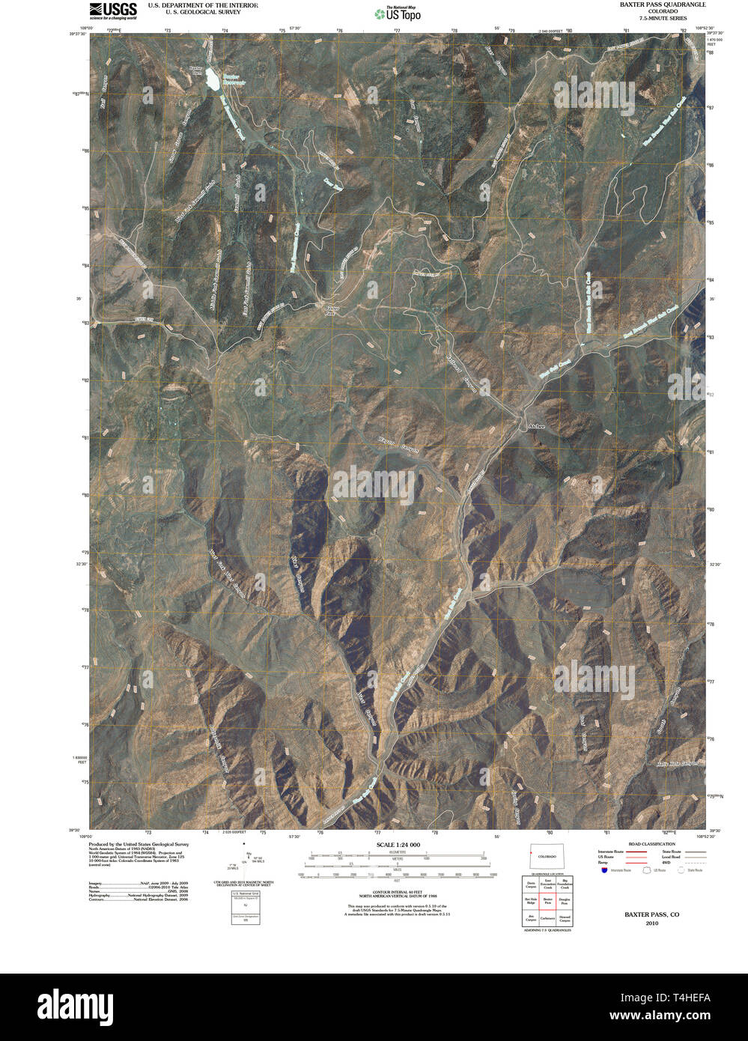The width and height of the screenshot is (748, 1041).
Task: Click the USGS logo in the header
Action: point(113,10)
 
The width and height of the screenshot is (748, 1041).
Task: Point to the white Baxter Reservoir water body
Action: point(212,78)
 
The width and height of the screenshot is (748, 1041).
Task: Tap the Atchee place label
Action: point(537,427)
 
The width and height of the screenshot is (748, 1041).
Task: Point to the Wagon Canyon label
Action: point(398,445)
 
